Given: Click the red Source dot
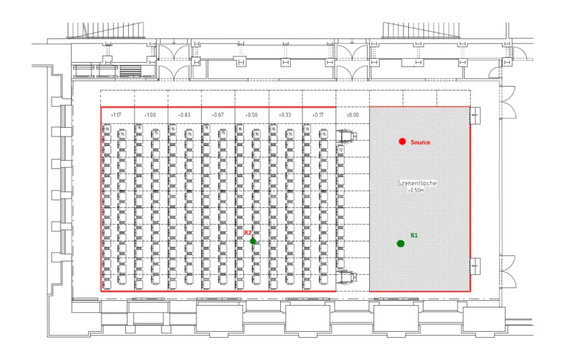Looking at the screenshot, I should pyautogui.click(x=402, y=142).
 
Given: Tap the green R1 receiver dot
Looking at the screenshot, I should pyautogui.click(x=400, y=244).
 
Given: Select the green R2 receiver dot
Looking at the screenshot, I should pyautogui.click(x=253, y=241).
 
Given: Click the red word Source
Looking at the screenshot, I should pyautogui.click(x=420, y=142).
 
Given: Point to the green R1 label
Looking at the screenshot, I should pyautogui.click(x=414, y=235).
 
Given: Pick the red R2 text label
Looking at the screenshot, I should pyautogui.click(x=248, y=233).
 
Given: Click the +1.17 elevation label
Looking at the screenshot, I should pyautogui.click(x=116, y=115).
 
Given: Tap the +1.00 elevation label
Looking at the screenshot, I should pyautogui.click(x=150, y=115).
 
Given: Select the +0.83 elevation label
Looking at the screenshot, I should pyautogui.click(x=184, y=115).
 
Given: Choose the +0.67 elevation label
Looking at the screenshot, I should pyautogui.click(x=217, y=115).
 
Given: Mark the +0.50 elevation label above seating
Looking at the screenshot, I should pyautogui.click(x=251, y=115).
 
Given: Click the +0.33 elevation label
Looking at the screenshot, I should pyautogui.click(x=285, y=115).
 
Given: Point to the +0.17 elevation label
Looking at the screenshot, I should pyautogui.click(x=318, y=115).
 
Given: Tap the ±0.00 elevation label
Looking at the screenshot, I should pyautogui.click(x=352, y=115).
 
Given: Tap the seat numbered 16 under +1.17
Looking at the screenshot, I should pyautogui.click(x=108, y=129).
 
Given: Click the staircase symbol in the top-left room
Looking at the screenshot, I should pyautogui.click(x=130, y=71).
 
